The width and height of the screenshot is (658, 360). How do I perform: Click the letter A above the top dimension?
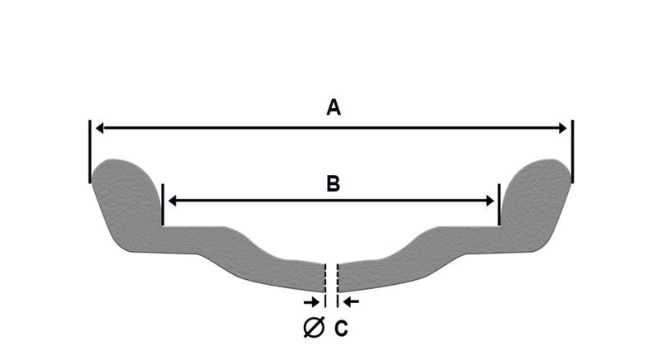point(334,107)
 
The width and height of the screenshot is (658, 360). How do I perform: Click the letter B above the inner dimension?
point(334,184)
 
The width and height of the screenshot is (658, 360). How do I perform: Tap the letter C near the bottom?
point(341,328)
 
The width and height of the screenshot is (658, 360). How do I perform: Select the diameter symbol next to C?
point(314,328)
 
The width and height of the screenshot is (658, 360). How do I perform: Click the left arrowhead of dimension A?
point(99,128)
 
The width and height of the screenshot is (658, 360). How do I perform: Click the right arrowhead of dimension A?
point(563,128)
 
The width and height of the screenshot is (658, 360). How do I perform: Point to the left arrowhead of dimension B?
point(172,201)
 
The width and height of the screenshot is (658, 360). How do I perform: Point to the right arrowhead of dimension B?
point(490,201)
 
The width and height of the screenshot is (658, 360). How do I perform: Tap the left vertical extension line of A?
point(90,151)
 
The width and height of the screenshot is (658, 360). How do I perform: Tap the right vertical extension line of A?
point(573,151)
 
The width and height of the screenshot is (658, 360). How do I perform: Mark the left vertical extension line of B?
point(163,205)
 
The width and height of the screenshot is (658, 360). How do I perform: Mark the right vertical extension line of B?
point(499,205)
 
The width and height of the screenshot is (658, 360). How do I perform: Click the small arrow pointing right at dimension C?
point(311,301)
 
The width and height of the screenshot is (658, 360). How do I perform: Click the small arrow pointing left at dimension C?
point(351,301)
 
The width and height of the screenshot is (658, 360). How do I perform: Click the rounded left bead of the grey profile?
point(124,185)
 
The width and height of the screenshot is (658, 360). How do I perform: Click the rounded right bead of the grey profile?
point(538,185)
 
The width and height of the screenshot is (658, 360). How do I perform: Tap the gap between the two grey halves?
point(332,277)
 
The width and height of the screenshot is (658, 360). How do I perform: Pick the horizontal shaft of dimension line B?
point(331,201)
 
